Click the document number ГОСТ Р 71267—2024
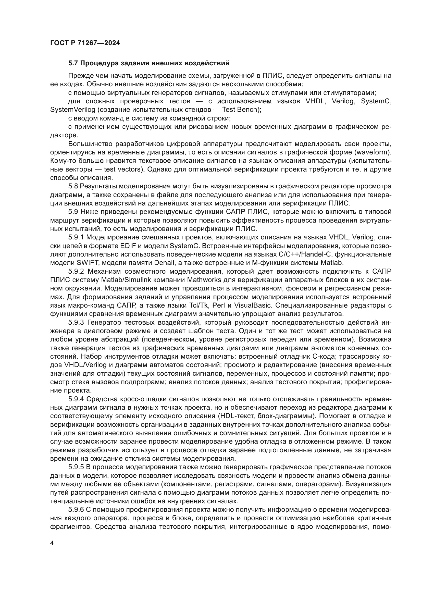pyautogui.click(x=85, y=43)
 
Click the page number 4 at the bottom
pyautogui.click(x=52, y=543)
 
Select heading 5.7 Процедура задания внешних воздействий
pyautogui.click(x=149, y=63)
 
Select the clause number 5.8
pyautogui.click(x=73, y=186)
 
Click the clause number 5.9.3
pyautogui.click(x=76, y=323)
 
